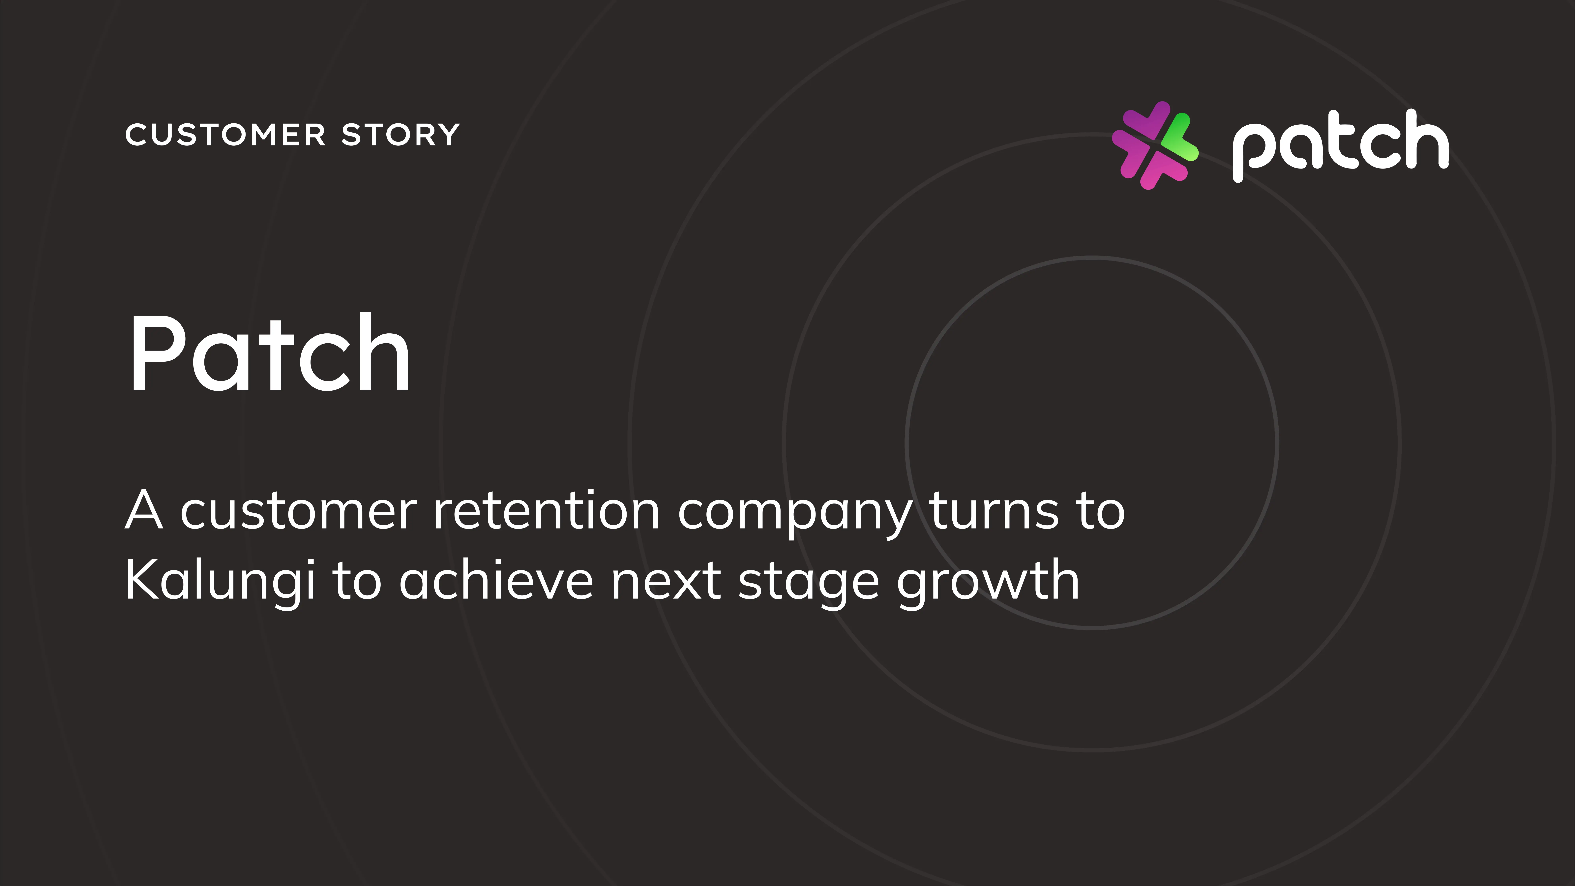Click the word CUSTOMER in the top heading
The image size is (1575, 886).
(x=226, y=135)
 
